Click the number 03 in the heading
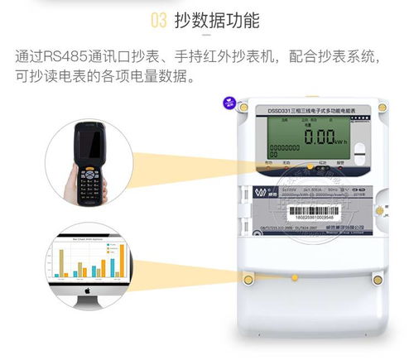pos(159,20)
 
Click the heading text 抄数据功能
pos(216,20)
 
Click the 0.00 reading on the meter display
pos(318,138)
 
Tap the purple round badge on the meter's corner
pos(228,103)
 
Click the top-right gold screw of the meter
pos(382,107)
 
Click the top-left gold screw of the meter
pos(243,107)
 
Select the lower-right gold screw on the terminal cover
pos(378,279)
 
